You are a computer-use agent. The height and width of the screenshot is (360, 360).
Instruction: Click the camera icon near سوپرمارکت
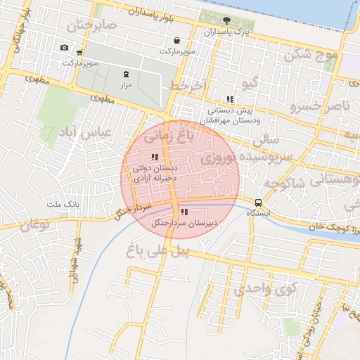(65, 48)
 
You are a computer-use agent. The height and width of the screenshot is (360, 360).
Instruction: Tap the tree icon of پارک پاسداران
(226, 20)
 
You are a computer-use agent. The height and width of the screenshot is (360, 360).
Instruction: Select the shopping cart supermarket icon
(80, 52)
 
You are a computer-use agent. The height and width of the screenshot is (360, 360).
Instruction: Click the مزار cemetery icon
(127, 73)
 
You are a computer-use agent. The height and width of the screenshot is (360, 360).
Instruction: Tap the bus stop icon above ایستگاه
(259, 202)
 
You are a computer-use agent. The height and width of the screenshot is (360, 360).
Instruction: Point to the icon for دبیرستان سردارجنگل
(184, 212)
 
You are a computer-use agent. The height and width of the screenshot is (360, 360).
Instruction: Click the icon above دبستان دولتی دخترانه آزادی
(154, 157)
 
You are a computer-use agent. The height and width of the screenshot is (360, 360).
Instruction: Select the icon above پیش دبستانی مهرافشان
(230, 99)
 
